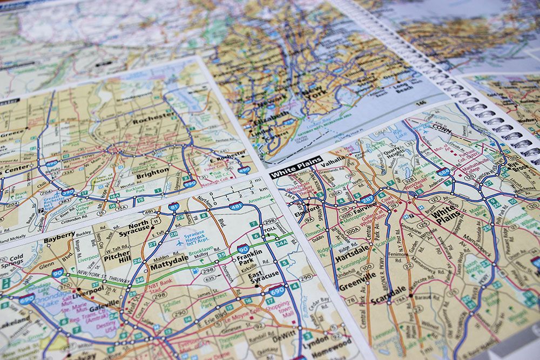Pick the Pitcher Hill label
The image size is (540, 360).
[116, 257]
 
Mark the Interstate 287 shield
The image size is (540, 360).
[367, 199]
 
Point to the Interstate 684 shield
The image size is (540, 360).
[443, 172]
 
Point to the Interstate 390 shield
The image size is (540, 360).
[67, 192]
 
